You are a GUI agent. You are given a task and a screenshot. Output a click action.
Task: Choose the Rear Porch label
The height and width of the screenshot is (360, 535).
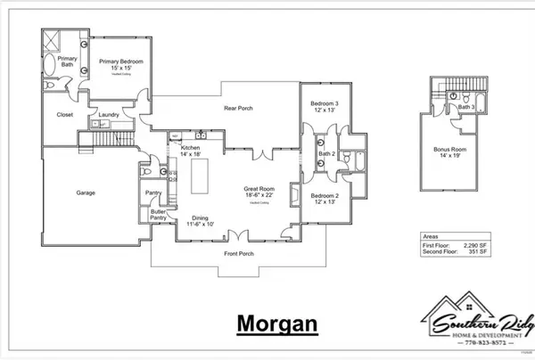pos(238,109)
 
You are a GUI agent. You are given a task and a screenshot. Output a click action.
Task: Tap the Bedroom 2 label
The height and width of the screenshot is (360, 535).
pos(325,197)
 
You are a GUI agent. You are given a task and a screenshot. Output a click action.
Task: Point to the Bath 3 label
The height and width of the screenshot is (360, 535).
pos(465,107)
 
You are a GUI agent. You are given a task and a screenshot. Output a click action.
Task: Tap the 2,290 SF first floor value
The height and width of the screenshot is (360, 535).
pos(477,244)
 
